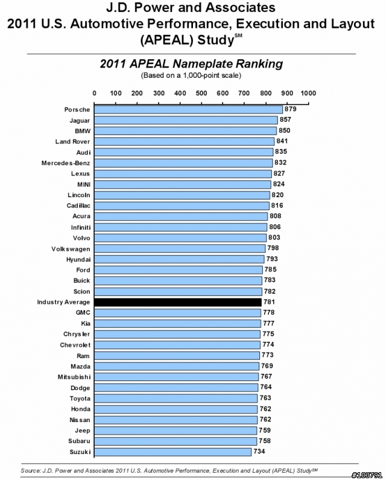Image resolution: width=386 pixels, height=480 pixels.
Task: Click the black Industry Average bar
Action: point(178,302)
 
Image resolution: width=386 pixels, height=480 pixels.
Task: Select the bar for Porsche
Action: point(188,110)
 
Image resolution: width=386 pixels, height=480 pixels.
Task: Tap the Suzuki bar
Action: point(172,452)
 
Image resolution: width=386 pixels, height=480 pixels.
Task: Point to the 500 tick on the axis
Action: point(201,93)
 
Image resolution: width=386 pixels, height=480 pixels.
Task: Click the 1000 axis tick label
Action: point(308,93)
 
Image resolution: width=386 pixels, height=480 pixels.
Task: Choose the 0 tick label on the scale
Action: point(94,93)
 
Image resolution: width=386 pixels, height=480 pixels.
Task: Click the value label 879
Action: point(291,109)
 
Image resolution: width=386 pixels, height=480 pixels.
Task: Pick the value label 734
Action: point(259,451)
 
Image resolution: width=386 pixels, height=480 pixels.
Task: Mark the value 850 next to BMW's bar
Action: point(284,130)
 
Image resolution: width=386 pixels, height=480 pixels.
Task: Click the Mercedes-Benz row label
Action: point(66,163)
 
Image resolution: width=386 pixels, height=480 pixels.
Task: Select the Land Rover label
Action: point(72,142)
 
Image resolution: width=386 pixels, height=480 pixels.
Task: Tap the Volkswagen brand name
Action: point(71,249)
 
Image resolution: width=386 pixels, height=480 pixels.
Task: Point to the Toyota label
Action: point(80,398)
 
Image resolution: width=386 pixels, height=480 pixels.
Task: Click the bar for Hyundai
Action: point(179,259)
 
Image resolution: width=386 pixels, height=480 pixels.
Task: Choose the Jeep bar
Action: point(176,431)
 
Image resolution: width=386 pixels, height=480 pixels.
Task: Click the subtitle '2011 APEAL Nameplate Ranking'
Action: point(191,64)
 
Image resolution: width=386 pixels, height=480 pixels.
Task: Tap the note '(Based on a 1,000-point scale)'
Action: point(191,75)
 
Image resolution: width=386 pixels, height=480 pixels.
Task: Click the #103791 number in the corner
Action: point(367,475)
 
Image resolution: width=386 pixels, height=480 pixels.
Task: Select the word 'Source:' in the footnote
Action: point(30,470)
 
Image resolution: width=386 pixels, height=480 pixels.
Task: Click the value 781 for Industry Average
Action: point(269,302)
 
